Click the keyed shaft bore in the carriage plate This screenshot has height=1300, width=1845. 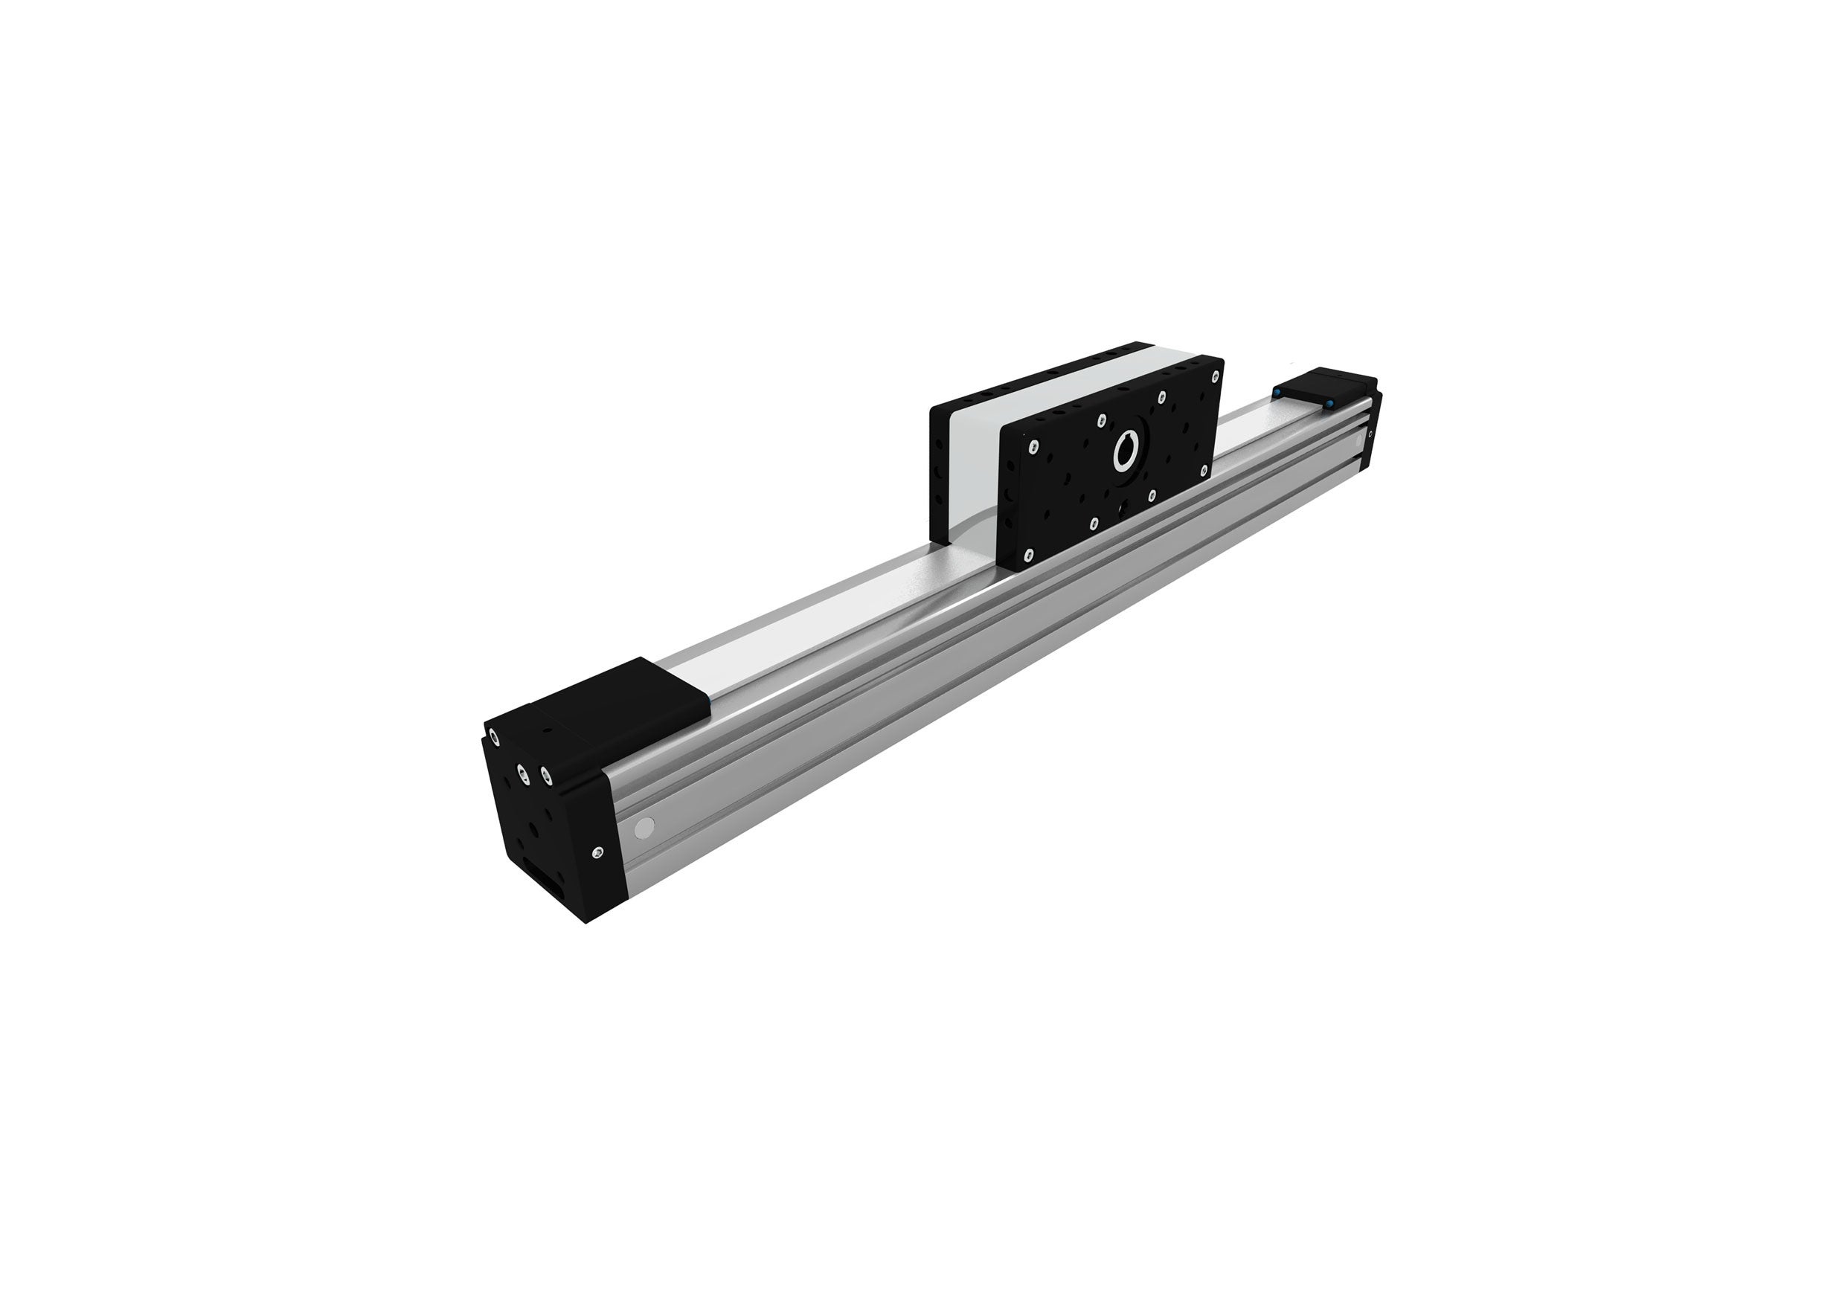(x=1125, y=454)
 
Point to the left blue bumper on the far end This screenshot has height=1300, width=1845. (x=1277, y=391)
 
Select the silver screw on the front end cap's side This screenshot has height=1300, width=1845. (x=597, y=852)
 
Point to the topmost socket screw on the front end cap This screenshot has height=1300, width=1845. (x=492, y=736)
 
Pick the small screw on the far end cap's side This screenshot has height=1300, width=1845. (x=1370, y=434)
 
